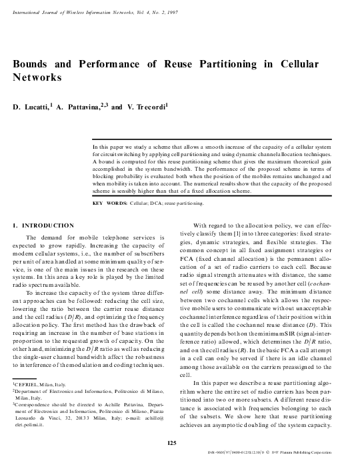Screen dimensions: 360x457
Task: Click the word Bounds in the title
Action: pyautogui.click(x=32, y=63)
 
